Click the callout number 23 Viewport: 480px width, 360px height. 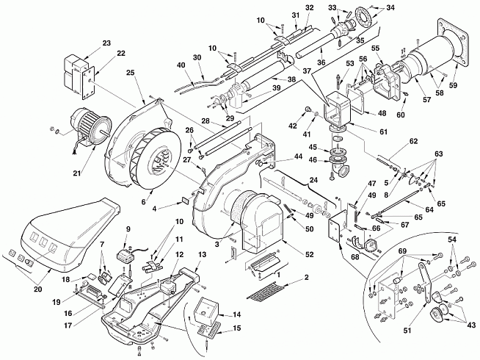[x=106, y=43]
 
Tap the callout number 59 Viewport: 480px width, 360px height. [x=453, y=84]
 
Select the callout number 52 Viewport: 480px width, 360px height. [x=310, y=254]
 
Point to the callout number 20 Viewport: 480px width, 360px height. [x=37, y=289]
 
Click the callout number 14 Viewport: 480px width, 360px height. [x=236, y=314]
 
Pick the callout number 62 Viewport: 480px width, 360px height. [x=413, y=141]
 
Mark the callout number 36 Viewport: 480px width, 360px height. [x=321, y=62]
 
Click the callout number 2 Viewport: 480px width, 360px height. [x=307, y=277]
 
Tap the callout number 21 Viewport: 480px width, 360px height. [x=77, y=173]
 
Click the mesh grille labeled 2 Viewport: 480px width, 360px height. [x=266, y=292]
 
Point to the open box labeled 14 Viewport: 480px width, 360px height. [x=206, y=308]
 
